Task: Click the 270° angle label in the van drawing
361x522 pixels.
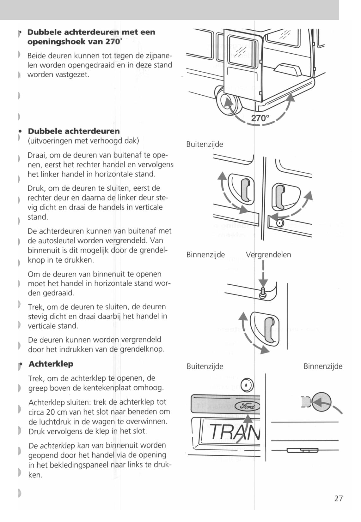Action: (x=260, y=118)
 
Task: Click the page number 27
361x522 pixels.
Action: (x=338, y=498)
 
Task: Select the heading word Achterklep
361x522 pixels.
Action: (x=51, y=364)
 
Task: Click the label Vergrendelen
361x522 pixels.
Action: (x=268, y=255)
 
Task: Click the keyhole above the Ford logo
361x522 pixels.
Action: (x=247, y=385)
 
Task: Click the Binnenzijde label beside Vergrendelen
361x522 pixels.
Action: (x=205, y=255)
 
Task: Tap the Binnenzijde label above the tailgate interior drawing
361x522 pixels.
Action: (x=323, y=366)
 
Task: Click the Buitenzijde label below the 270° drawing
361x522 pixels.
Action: (x=205, y=144)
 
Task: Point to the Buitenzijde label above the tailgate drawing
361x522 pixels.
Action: (x=205, y=366)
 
